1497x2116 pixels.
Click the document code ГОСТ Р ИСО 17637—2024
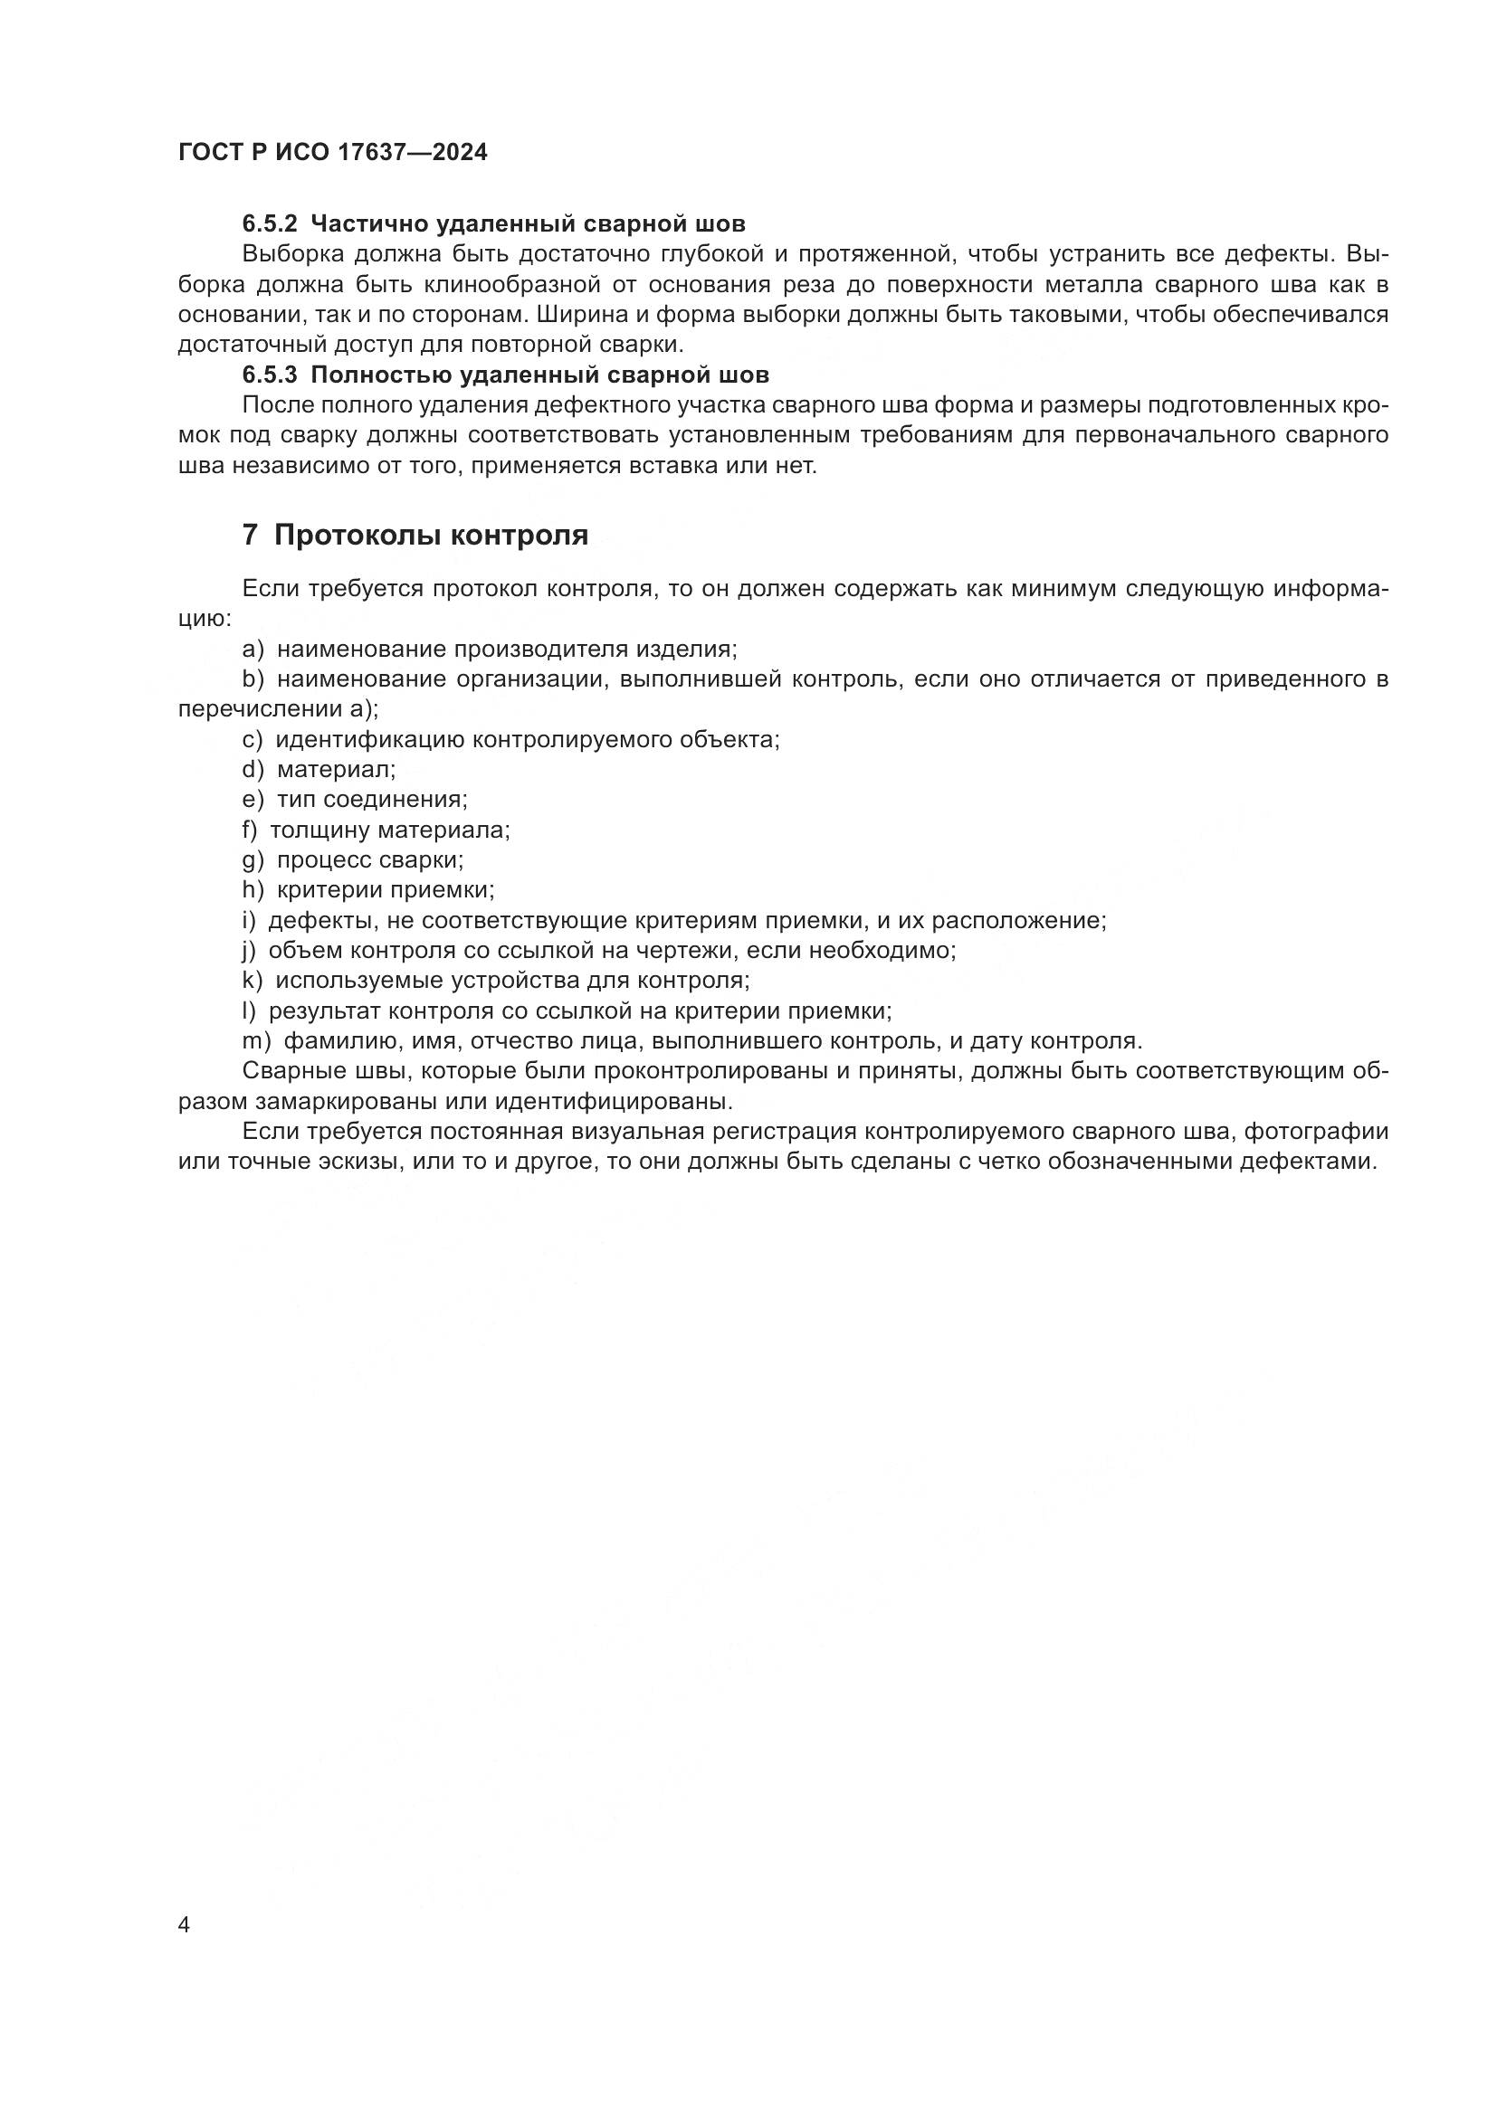point(333,153)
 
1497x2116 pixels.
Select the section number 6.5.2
point(270,224)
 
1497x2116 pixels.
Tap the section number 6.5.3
point(270,375)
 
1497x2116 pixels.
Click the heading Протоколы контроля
point(432,535)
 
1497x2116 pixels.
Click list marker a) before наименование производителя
point(253,649)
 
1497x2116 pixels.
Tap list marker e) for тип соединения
point(253,799)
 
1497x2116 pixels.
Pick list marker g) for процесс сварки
point(253,859)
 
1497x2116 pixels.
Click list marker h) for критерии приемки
point(253,889)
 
